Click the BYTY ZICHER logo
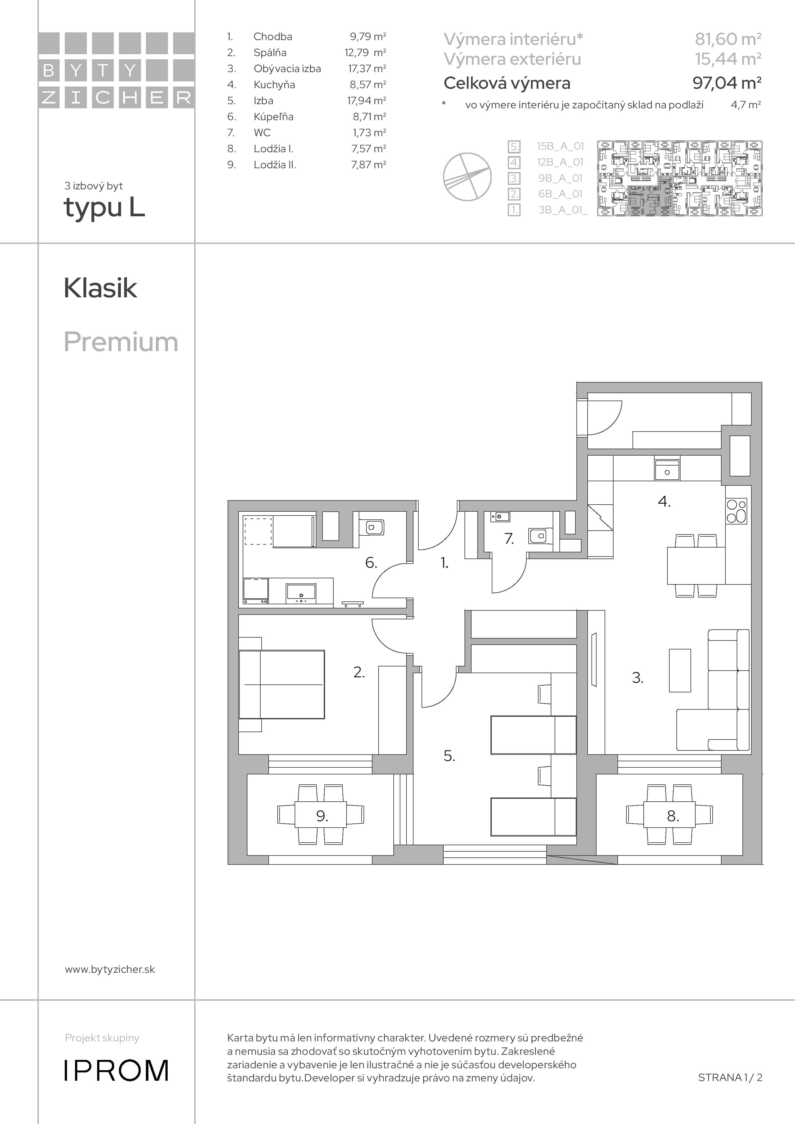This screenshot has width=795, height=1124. [x=117, y=70]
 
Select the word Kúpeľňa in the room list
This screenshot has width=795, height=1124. [x=273, y=117]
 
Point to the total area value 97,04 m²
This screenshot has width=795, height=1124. [x=727, y=83]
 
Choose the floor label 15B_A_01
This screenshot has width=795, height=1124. [x=560, y=146]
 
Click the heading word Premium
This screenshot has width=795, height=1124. [x=121, y=342]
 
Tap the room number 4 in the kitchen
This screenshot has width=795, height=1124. [x=664, y=501]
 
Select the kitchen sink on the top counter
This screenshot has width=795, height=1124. [x=667, y=470]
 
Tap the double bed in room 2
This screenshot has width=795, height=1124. [x=282, y=684]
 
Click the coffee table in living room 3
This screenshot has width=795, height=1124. [x=680, y=670]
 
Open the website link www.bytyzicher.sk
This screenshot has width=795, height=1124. [x=110, y=969]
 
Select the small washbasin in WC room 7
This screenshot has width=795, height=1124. [x=500, y=516]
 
